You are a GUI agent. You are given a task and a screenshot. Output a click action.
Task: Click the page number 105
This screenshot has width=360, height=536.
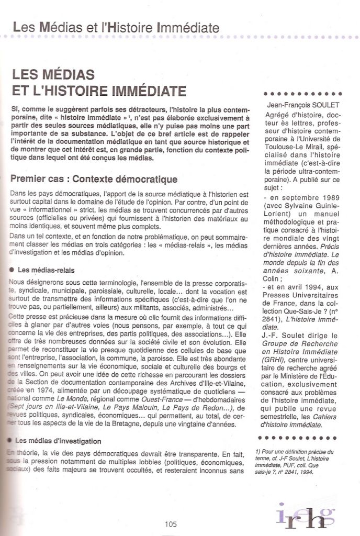click(x=170, y=524)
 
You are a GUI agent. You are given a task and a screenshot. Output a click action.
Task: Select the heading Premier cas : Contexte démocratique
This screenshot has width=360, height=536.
click(x=94, y=180)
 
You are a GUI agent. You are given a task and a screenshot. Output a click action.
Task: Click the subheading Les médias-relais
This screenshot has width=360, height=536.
click(x=46, y=270)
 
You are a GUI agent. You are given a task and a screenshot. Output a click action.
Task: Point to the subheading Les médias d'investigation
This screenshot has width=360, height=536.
click(x=59, y=441)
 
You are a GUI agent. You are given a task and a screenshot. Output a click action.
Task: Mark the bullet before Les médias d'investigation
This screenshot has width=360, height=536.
click(x=12, y=441)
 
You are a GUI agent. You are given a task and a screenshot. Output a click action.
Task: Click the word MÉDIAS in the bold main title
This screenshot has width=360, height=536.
click(x=68, y=74)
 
